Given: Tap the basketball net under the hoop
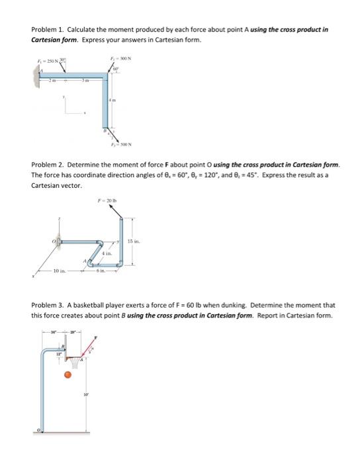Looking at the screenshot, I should [79, 361].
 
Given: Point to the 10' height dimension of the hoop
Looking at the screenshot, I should [85, 396].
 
